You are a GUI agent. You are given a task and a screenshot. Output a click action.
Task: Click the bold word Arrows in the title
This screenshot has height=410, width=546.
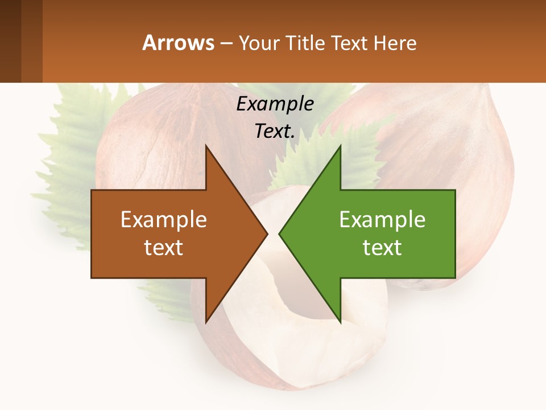(x=178, y=43)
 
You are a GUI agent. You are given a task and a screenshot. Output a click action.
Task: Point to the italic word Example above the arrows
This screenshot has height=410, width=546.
(x=275, y=104)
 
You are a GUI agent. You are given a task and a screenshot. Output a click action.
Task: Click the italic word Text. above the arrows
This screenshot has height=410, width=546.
(x=275, y=131)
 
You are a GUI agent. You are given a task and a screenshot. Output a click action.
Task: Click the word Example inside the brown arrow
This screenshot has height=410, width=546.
(x=164, y=220)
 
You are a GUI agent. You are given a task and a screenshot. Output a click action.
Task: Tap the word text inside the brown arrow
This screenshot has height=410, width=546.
(x=164, y=248)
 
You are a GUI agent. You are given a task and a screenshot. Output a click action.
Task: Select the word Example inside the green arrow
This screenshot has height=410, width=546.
(x=382, y=220)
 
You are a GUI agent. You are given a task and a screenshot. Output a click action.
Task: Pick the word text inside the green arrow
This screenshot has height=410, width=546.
(x=382, y=248)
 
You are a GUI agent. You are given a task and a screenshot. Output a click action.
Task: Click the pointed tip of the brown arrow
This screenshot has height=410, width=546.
(x=266, y=233)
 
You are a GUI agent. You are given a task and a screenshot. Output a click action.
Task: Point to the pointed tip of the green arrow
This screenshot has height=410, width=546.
(x=280, y=233)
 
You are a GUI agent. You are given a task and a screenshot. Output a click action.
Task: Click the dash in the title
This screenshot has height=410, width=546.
(x=226, y=44)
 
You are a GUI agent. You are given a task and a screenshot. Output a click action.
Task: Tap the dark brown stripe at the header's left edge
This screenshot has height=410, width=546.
(x=10, y=41)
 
